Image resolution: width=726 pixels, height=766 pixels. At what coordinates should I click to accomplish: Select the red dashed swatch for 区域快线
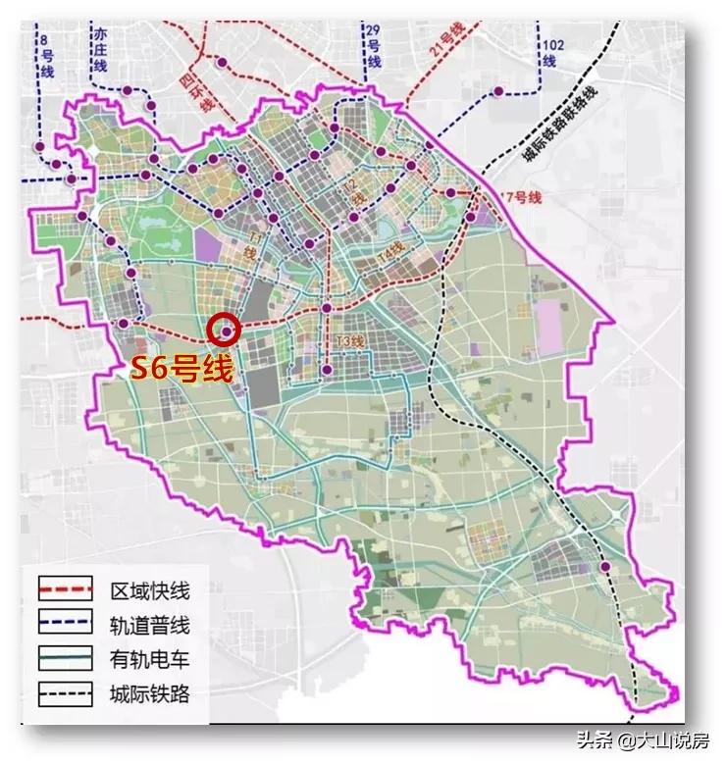[65, 589]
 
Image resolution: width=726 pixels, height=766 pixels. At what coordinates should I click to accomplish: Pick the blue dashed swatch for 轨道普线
[65, 624]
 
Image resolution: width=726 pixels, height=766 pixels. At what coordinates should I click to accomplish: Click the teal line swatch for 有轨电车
[65, 659]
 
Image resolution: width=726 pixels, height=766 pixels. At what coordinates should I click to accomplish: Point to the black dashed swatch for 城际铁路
[65, 694]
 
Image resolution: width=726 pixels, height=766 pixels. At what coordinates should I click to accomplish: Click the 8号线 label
[46, 57]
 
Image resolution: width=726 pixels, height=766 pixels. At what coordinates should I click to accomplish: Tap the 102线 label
[551, 52]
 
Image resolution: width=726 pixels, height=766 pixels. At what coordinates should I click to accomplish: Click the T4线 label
[389, 252]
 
